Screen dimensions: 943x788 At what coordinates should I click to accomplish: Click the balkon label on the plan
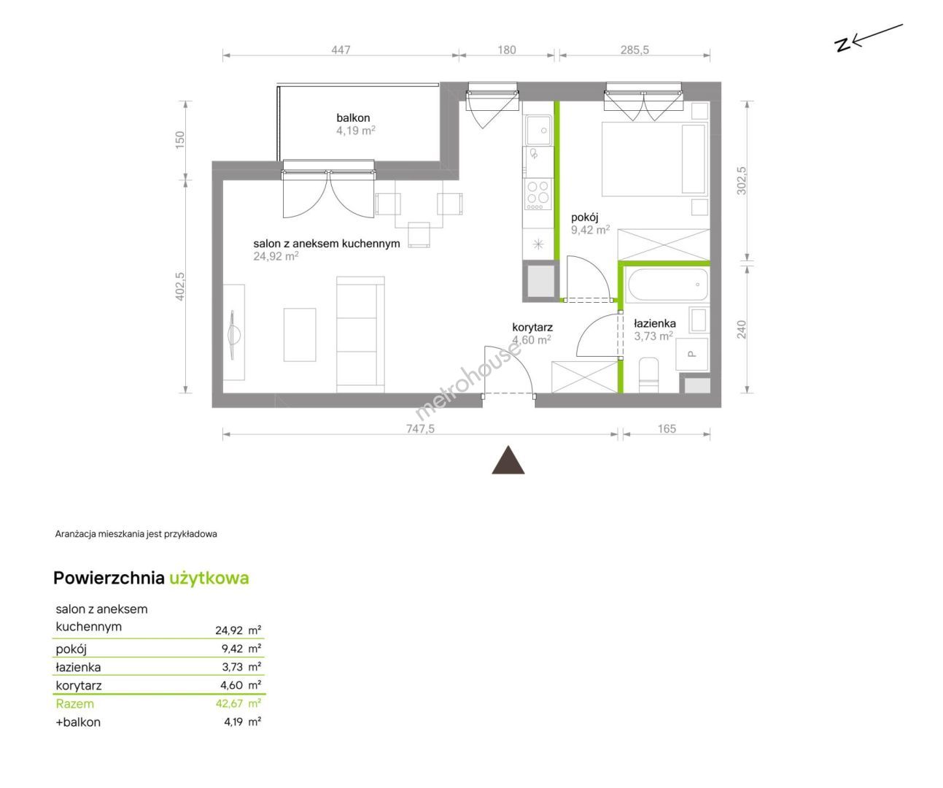(x=353, y=118)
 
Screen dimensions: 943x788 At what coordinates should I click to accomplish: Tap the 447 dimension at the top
(x=341, y=50)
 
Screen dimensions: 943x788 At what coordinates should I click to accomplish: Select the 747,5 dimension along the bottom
(x=420, y=428)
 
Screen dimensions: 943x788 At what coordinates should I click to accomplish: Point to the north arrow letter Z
(x=842, y=45)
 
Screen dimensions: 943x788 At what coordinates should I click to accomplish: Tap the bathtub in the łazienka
(x=667, y=285)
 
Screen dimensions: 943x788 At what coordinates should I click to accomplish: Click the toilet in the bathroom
(x=649, y=375)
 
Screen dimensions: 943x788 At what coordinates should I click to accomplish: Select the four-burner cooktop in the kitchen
(x=538, y=194)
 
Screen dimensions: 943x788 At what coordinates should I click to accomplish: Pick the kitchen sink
(x=538, y=130)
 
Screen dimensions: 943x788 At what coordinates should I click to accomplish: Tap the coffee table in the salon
(x=300, y=335)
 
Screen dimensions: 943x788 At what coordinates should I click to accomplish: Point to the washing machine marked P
(x=691, y=355)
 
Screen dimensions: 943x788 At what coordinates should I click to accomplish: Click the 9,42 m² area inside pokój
(x=590, y=230)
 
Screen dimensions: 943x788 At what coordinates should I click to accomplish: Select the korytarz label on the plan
(x=532, y=327)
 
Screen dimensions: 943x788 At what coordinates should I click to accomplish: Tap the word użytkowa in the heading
(x=209, y=579)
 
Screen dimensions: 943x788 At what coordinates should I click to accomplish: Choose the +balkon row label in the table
(x=78, y=722)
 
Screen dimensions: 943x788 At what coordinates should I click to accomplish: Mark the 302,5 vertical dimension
(x=741, y=181)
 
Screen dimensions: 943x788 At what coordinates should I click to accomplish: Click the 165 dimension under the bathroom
(x=667, y=428)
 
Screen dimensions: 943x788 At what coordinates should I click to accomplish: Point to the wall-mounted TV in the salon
(x=234, y=335)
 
